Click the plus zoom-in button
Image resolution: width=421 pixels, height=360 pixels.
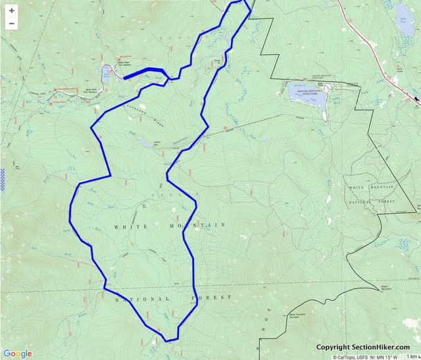11,11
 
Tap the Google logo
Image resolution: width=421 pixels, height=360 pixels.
17,353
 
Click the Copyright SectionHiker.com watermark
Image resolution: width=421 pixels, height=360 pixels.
362,347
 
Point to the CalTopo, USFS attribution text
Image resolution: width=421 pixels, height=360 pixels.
355,357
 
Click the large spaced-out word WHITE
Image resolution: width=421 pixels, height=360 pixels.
129,226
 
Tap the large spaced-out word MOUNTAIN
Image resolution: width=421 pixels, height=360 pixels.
197,225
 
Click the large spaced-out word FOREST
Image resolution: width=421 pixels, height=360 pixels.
212,298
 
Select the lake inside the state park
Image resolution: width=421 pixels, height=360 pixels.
307,91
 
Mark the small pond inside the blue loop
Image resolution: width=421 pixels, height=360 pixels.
145,141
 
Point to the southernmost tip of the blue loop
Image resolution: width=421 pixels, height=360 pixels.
167,340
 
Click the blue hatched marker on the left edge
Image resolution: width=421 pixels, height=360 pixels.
2,177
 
